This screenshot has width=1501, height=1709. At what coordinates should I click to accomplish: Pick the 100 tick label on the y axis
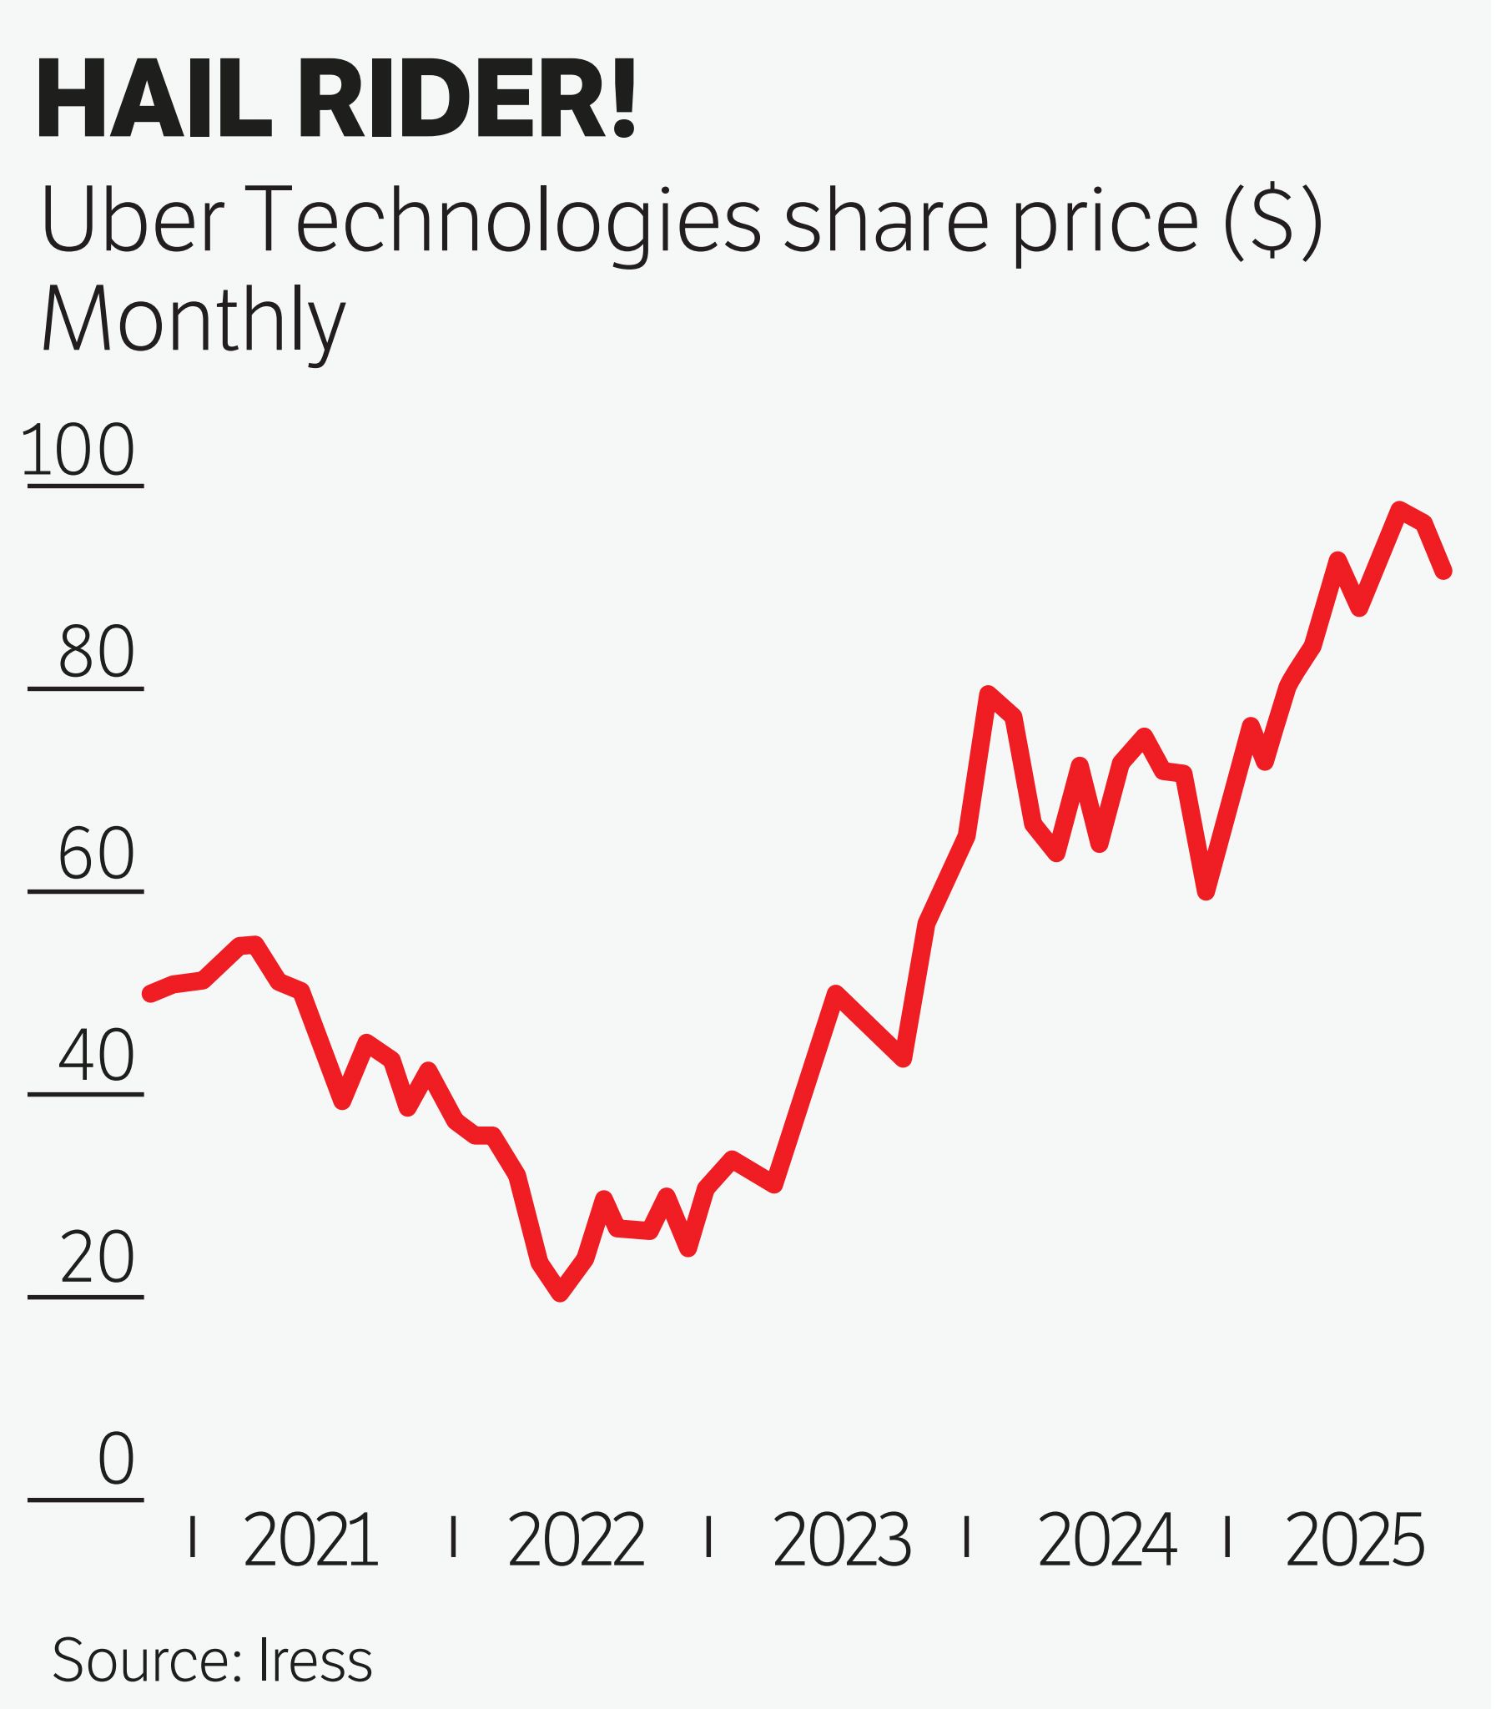tap(78, 451)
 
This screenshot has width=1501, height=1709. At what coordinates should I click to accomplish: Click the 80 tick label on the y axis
tap(96, 653)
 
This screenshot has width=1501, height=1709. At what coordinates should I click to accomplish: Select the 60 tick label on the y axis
tap(96, 854)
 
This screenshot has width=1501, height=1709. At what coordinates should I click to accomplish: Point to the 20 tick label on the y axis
tap(96, 1259)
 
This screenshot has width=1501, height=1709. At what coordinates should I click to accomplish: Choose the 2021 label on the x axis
tap(310, 1541)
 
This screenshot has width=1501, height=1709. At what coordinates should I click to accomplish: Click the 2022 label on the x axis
tap(576, 1541)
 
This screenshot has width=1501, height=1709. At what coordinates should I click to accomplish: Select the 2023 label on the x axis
tap(841, 1541)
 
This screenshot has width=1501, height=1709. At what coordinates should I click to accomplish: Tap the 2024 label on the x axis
tap(1106, 1541)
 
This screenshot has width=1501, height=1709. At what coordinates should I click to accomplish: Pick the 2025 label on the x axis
tap(1354, 1541)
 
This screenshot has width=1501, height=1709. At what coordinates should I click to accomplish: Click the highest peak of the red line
tap(1398, 508)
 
